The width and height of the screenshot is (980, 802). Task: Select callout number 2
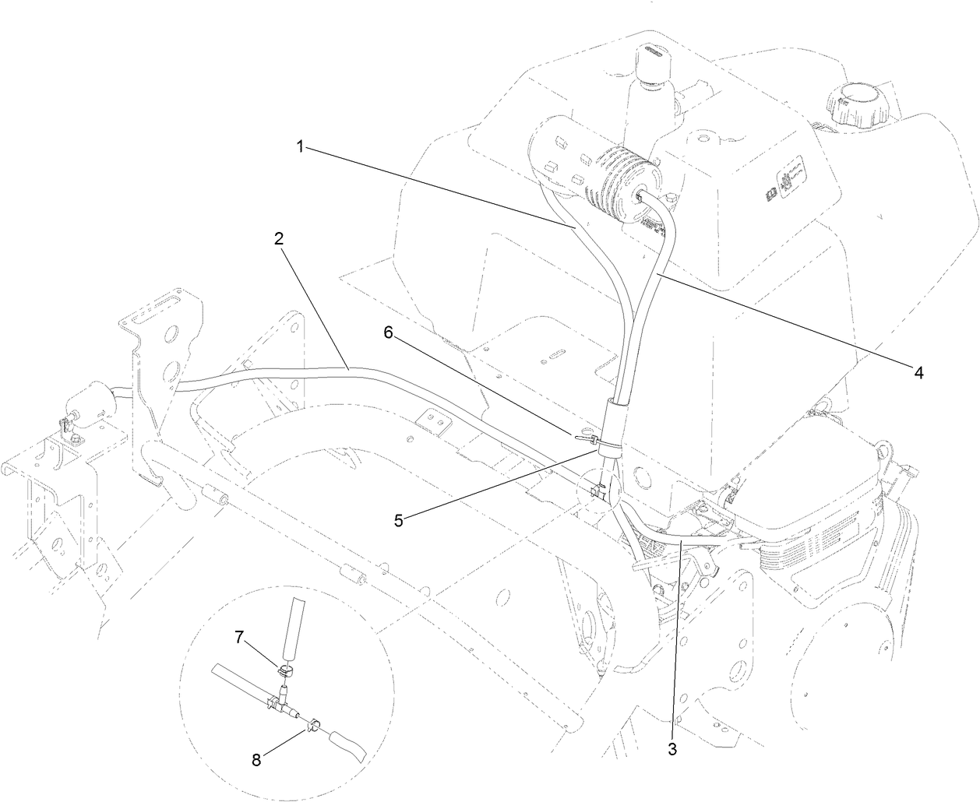click(x=278, y=239)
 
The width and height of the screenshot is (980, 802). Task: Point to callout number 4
click(x=918, y=374)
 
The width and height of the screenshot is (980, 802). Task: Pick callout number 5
click(x=398, y=520)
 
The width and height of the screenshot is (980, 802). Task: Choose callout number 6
click(x=388, y=332)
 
